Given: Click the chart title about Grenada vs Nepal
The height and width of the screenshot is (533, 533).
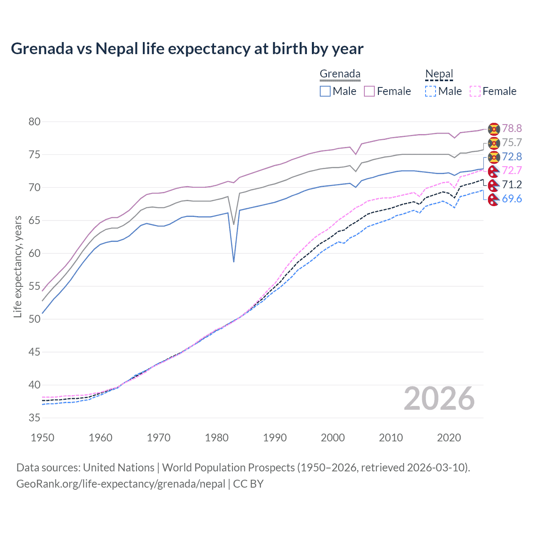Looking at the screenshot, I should [187, 49].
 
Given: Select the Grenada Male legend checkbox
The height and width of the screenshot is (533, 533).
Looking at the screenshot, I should [325, 91].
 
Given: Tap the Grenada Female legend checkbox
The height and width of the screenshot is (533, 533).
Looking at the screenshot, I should [369, 91].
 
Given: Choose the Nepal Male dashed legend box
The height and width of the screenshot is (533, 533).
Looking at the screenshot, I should [431, 91].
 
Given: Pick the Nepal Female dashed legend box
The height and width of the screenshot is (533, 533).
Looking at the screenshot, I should [475, 91].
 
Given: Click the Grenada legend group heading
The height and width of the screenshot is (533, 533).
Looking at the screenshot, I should [340, 74].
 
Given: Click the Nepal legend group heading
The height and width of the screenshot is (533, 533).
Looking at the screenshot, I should [439, 74].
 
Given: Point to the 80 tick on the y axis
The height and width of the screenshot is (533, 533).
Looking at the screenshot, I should [35, 122].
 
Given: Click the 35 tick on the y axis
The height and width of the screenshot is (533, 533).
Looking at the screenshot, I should [35, 418].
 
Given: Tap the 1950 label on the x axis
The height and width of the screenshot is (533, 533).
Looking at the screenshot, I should [42, 438].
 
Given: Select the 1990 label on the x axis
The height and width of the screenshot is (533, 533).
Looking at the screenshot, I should [275, 438].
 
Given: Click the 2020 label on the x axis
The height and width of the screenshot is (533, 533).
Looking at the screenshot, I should [449, 438].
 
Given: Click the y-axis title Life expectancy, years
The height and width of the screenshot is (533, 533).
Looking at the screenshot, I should [17, 266].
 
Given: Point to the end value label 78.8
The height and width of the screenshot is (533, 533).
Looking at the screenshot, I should [512, 128].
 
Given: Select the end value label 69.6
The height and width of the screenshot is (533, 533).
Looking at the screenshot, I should [512, 199].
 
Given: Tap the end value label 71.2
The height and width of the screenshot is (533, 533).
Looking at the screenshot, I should [512, 184].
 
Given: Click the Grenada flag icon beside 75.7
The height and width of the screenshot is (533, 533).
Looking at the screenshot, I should [494, 143].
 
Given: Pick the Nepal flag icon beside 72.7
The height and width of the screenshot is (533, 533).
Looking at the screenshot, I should [494, 171].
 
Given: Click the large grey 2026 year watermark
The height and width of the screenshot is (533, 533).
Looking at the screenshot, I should [439, 399].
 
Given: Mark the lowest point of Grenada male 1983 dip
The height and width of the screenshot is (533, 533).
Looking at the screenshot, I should [234, 262].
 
